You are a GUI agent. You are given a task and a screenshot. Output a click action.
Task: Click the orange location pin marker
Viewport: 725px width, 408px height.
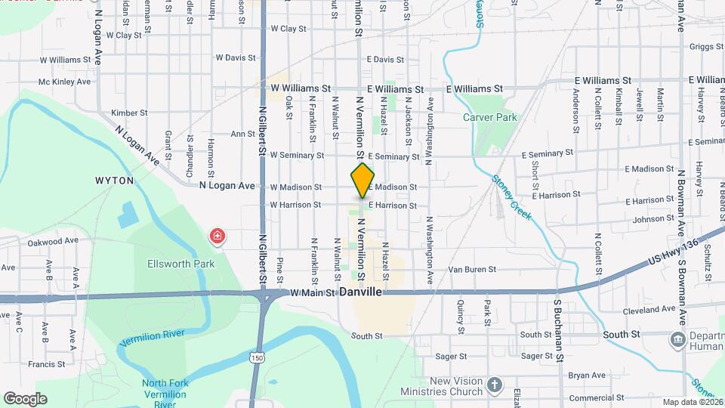[363, 180]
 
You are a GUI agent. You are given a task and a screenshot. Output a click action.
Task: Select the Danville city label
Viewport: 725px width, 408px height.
[361, 292]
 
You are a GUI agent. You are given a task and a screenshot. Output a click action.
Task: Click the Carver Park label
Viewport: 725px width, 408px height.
[489, 117]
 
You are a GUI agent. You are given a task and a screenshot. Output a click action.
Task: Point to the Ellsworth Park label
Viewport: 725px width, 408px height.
[182, 264]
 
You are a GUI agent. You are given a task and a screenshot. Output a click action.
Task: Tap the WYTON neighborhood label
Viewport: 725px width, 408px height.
[115, 181]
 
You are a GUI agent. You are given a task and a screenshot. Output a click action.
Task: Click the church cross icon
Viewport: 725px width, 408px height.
[495, 385]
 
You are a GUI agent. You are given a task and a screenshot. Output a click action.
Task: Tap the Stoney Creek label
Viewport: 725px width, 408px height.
[511, 198]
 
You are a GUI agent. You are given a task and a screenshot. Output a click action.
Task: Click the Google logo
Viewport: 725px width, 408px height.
[25, 398]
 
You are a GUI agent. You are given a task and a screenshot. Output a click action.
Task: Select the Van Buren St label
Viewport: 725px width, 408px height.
[471, 269]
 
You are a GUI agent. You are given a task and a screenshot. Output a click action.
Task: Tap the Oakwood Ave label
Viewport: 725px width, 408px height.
[53, 241]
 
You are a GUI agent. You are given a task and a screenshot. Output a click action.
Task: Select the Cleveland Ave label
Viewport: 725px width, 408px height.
[649, 310]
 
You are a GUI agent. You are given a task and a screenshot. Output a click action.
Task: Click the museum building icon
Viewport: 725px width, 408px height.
[677, 339]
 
